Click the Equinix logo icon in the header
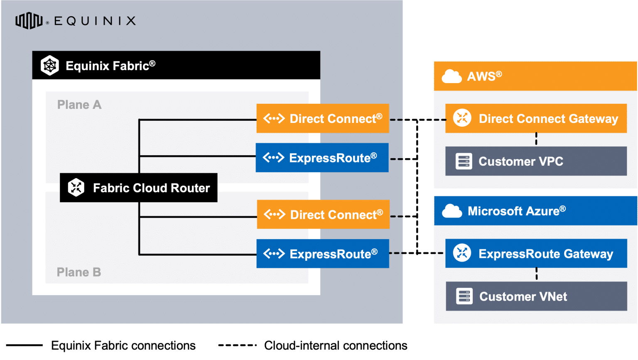point(29,21)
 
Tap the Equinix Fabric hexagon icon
point(50,65)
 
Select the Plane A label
point(79,105)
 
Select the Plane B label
point(79,272)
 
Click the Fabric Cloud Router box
point(138,188)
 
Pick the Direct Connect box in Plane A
point(323,118)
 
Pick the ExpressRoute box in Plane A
point(322,158)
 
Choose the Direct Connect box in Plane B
point(323,214)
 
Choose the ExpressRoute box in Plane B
point(323,253)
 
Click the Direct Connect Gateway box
point(536,118)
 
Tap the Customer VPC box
point(536,161)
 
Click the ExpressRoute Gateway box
point(536,253)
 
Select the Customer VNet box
point(536,296)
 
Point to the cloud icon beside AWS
point(452,76)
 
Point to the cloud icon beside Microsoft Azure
point(452,211)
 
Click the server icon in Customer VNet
point(464,296)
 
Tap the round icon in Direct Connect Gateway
point(462,118)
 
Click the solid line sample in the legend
point(24,345)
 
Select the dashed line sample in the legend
point(237,345)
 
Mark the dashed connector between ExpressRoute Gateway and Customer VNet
point(536,274)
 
